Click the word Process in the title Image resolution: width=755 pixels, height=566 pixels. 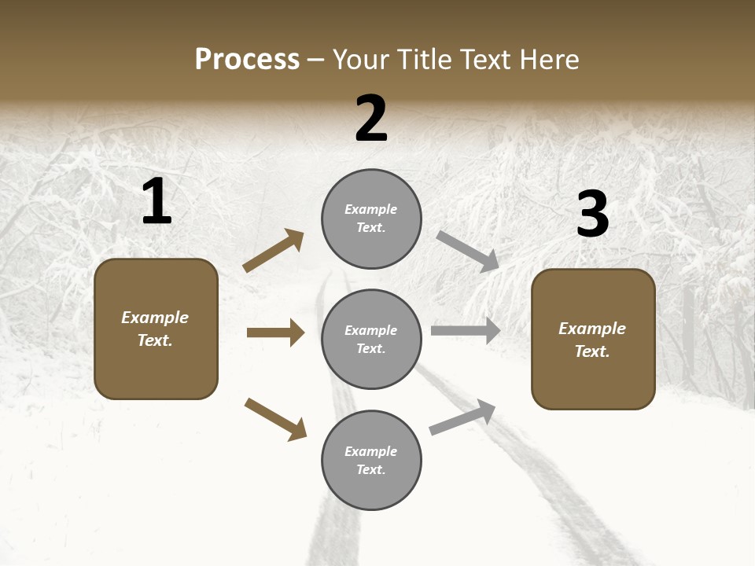pyautogui.click(x=247, y=60)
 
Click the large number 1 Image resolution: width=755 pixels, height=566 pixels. pyautogui.click(x=157, y=201)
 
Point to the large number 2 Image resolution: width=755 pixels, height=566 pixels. pyautogui.click(x=371, y=119)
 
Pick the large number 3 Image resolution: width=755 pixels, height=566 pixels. pyautogui.click(x=592, y=214)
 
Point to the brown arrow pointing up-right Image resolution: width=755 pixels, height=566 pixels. pyautogui.click(x=274, y=251)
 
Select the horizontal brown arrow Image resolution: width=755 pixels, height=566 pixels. pyautogui.click(x=275, y=333)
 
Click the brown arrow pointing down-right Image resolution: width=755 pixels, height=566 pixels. pyautogui.click(x=276, y=418)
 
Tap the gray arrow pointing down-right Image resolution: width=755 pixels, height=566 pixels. pyautogui.click(x=468, y=251)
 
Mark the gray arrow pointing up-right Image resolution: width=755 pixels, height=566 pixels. pyautogui.click(x=463, y=417)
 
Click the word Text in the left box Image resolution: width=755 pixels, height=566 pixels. pyautogui.click(x=154, y=341)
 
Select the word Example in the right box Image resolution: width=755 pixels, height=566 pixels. pyautogui.click(x=592, y=329)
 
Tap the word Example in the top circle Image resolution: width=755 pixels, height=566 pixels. pyautogui.click(x=371, y=209)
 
